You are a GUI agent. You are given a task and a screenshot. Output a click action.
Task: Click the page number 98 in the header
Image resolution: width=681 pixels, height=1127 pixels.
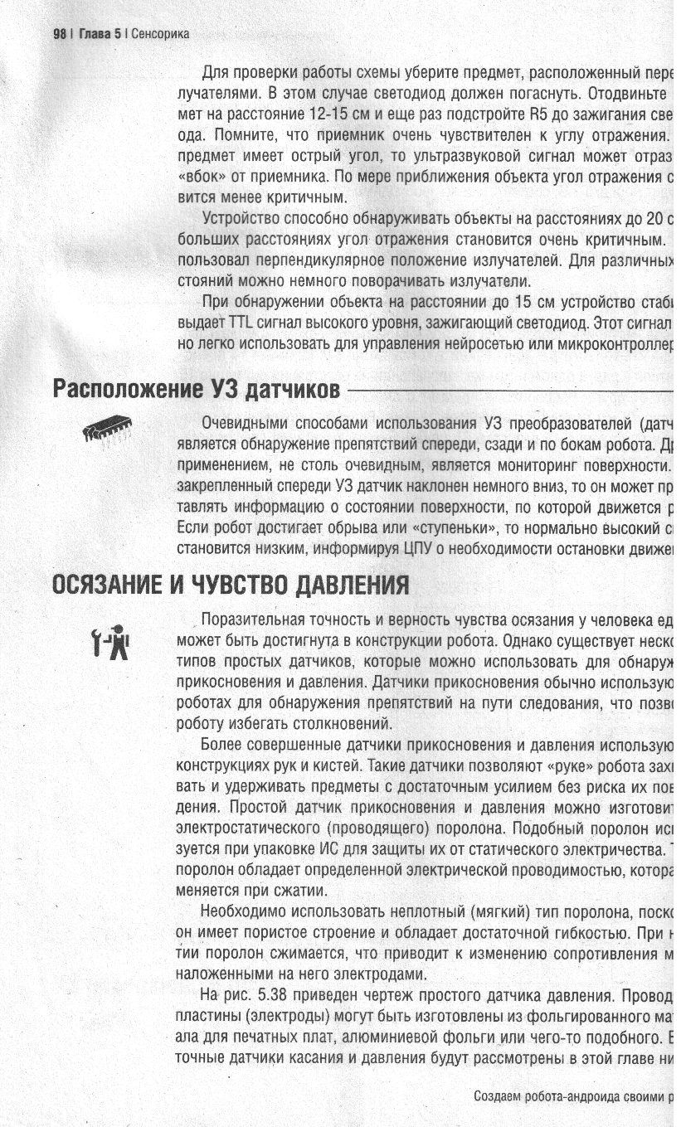59,34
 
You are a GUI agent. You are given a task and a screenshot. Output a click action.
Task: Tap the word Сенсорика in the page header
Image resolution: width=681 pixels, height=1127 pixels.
160,34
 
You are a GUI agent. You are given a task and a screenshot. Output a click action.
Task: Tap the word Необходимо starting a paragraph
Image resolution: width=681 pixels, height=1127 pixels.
241,911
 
